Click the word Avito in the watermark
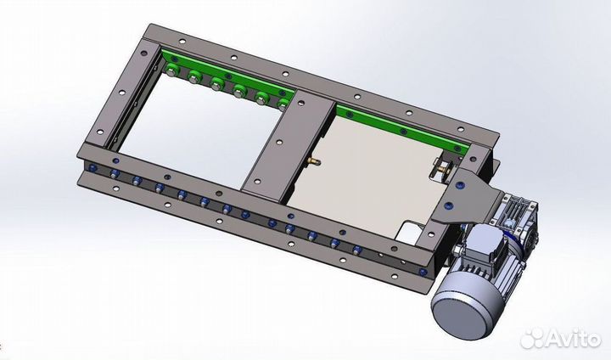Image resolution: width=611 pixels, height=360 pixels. click(573, 339)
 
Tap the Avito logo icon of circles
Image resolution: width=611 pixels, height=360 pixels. click(532, 339)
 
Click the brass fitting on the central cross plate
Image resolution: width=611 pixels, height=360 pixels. click(313, 160)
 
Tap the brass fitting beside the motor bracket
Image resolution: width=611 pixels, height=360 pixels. click(442, 169)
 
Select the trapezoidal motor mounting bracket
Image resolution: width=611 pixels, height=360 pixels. click(467, 197)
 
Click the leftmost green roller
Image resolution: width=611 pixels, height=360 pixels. click(171, 71)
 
